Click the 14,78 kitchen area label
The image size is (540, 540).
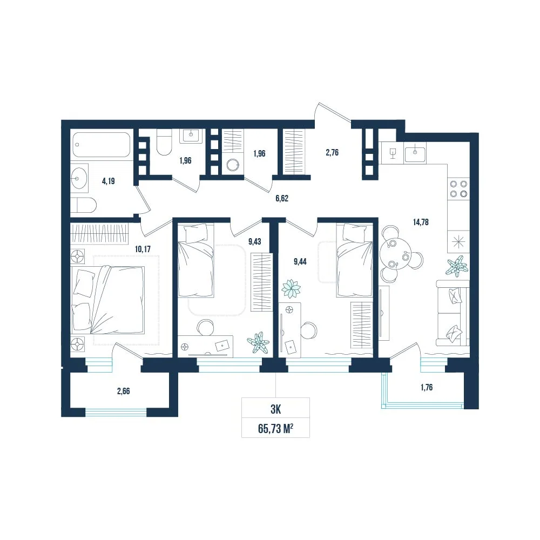421,222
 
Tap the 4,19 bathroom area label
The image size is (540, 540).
109,181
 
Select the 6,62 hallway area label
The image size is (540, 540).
282,198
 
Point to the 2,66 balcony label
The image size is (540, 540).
123,391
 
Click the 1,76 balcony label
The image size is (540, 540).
427,387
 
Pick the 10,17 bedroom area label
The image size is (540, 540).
143,249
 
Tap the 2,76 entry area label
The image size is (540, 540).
332,153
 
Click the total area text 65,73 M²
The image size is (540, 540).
275,429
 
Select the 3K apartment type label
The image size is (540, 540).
276,409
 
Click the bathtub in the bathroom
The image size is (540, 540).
102,145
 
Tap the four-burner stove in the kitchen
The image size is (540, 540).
458,188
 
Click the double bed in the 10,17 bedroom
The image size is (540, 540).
107,300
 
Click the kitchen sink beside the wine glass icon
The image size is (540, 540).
415,154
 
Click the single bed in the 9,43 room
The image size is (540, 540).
196,260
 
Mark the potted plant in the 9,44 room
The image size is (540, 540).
291,288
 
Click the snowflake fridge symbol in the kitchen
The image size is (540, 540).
458,242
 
